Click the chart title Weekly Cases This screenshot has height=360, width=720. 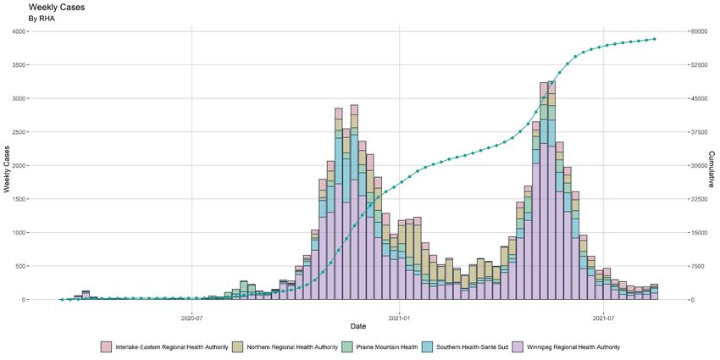(x=56, y=7)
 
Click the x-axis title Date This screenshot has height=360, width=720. (x=358, y=326)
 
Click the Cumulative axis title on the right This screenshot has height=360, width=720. (x=712, y=165)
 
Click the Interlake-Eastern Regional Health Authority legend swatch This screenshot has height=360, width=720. (x=106, y=347)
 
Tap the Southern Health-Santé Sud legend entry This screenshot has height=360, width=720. (x=474, y=347)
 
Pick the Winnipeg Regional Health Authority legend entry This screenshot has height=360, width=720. (x=572, y=347)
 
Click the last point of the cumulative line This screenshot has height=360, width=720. (x=655, y=39)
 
